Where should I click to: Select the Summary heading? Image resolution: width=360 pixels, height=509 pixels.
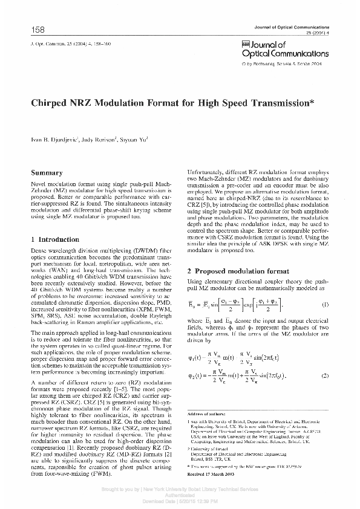click(47, 173)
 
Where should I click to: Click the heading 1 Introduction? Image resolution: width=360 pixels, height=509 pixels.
click(55, 239)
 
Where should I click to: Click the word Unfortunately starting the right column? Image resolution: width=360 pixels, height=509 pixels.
click(206, 173)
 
